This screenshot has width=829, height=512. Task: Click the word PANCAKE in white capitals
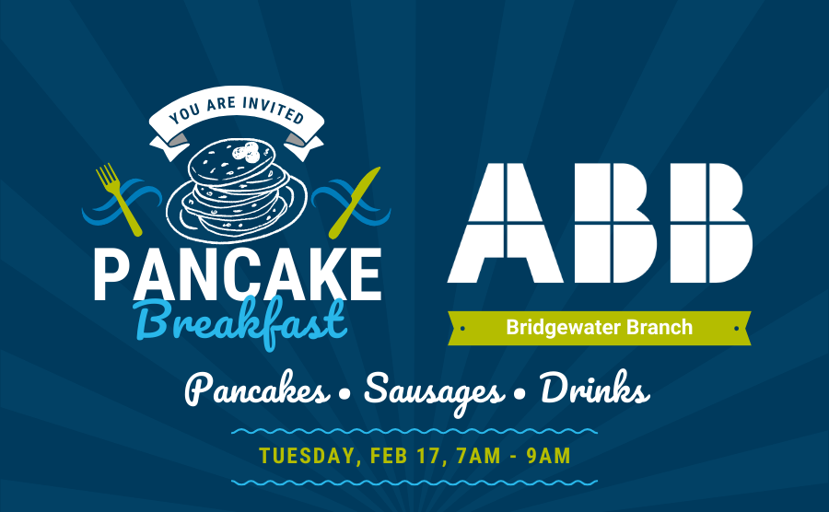[x=238, y=274]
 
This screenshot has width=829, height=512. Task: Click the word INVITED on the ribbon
[x=274, y=109]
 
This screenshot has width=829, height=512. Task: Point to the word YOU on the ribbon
[x=184, y=113]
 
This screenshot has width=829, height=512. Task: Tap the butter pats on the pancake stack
[x=247, y=152]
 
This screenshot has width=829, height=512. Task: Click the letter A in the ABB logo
[x=505, y=223]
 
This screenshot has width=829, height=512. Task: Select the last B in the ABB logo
[x=711, y=223]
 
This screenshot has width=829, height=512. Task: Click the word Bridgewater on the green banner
[x=564, y=328]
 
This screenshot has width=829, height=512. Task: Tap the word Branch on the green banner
[x=660, y=327]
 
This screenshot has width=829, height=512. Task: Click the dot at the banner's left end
[x=462, y=329]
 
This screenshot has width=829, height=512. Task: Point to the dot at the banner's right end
[x=736, y=329]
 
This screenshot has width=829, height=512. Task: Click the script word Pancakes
[x=257, y=390]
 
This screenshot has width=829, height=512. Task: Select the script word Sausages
[x=434, y=392]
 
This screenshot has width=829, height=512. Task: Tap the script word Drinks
[x=595, y=388]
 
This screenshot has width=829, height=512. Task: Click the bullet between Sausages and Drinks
[x=520, y=394]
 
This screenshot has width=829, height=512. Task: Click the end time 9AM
[x=549, y=456]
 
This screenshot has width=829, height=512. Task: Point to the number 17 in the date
[x=428, y=456]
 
